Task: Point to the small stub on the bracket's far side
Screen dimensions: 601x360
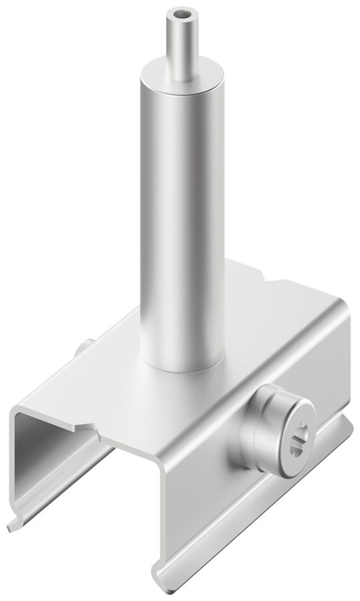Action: coord(84,348)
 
